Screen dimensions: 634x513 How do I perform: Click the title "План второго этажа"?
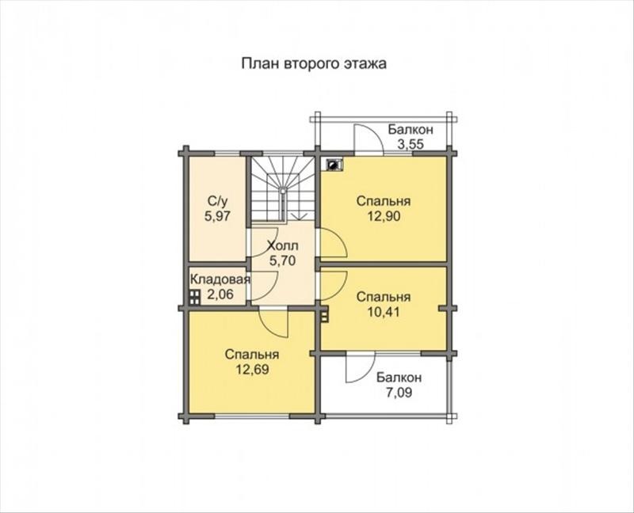[x=314, y=64]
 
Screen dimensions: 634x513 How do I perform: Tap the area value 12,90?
[x=384, y=216]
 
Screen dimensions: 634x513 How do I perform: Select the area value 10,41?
[x=384, y=312]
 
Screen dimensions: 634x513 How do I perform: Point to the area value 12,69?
[x=253, y=369]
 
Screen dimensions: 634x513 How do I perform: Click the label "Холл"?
[x=283, y=245]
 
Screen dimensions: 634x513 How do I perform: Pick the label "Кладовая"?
[x=220, y=279]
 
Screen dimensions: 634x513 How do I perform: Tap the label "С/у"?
[x=217, y=201]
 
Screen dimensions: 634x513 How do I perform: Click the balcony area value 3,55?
[x=411, y=144]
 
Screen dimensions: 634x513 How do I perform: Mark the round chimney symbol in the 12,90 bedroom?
[x=333, y=165]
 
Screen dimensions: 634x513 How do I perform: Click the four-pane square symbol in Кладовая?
[x=195, y=298]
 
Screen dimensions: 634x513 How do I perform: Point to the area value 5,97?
[x=217, y=216]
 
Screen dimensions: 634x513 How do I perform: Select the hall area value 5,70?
[x=283, y=260]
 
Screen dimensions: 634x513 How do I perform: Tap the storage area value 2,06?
[x=220, y=294]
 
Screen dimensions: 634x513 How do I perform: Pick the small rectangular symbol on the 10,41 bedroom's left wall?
[x=324, y=314]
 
